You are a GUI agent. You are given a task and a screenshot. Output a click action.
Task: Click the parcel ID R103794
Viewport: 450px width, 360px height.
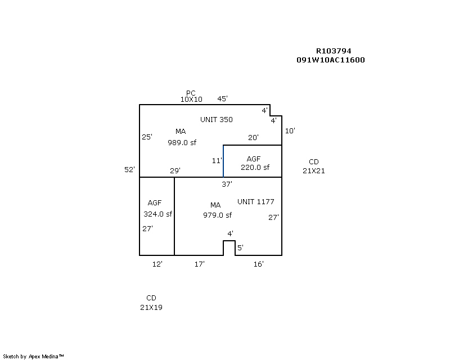334,51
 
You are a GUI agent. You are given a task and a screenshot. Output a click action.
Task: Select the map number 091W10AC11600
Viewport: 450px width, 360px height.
330,60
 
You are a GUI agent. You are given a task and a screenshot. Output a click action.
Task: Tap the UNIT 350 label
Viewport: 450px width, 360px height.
217,119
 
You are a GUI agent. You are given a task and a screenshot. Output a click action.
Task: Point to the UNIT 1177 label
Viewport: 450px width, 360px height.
255,201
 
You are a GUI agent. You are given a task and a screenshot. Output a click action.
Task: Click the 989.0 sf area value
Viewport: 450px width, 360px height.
182,142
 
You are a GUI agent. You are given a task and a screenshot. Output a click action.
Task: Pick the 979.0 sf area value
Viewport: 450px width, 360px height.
217,214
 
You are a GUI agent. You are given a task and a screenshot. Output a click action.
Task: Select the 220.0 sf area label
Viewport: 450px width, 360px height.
255,167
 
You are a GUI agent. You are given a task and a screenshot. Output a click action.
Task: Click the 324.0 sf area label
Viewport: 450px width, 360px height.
157,214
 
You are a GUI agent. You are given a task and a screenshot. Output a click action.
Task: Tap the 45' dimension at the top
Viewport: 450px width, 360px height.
222,99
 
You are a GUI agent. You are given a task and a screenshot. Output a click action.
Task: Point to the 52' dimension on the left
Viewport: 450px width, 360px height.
129,169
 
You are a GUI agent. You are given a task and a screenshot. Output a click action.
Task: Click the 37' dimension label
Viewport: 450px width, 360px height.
227,183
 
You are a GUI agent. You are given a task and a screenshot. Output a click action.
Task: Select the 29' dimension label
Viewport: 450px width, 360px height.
175,170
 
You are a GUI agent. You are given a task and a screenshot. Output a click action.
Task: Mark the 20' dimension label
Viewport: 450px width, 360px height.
253,137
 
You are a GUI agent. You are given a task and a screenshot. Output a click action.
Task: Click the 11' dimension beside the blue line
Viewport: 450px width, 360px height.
217,160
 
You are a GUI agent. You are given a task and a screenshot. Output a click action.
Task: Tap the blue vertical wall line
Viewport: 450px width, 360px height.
223,161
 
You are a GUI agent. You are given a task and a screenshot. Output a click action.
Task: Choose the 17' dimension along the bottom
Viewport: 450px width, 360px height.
199,264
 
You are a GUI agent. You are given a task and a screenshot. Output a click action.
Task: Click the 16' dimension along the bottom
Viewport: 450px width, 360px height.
258,264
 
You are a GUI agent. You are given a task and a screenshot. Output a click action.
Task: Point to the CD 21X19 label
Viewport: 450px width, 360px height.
151,303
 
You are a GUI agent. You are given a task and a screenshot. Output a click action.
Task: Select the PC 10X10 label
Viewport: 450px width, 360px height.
191,96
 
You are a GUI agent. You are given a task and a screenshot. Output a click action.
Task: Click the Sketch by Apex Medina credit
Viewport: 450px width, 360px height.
34,356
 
